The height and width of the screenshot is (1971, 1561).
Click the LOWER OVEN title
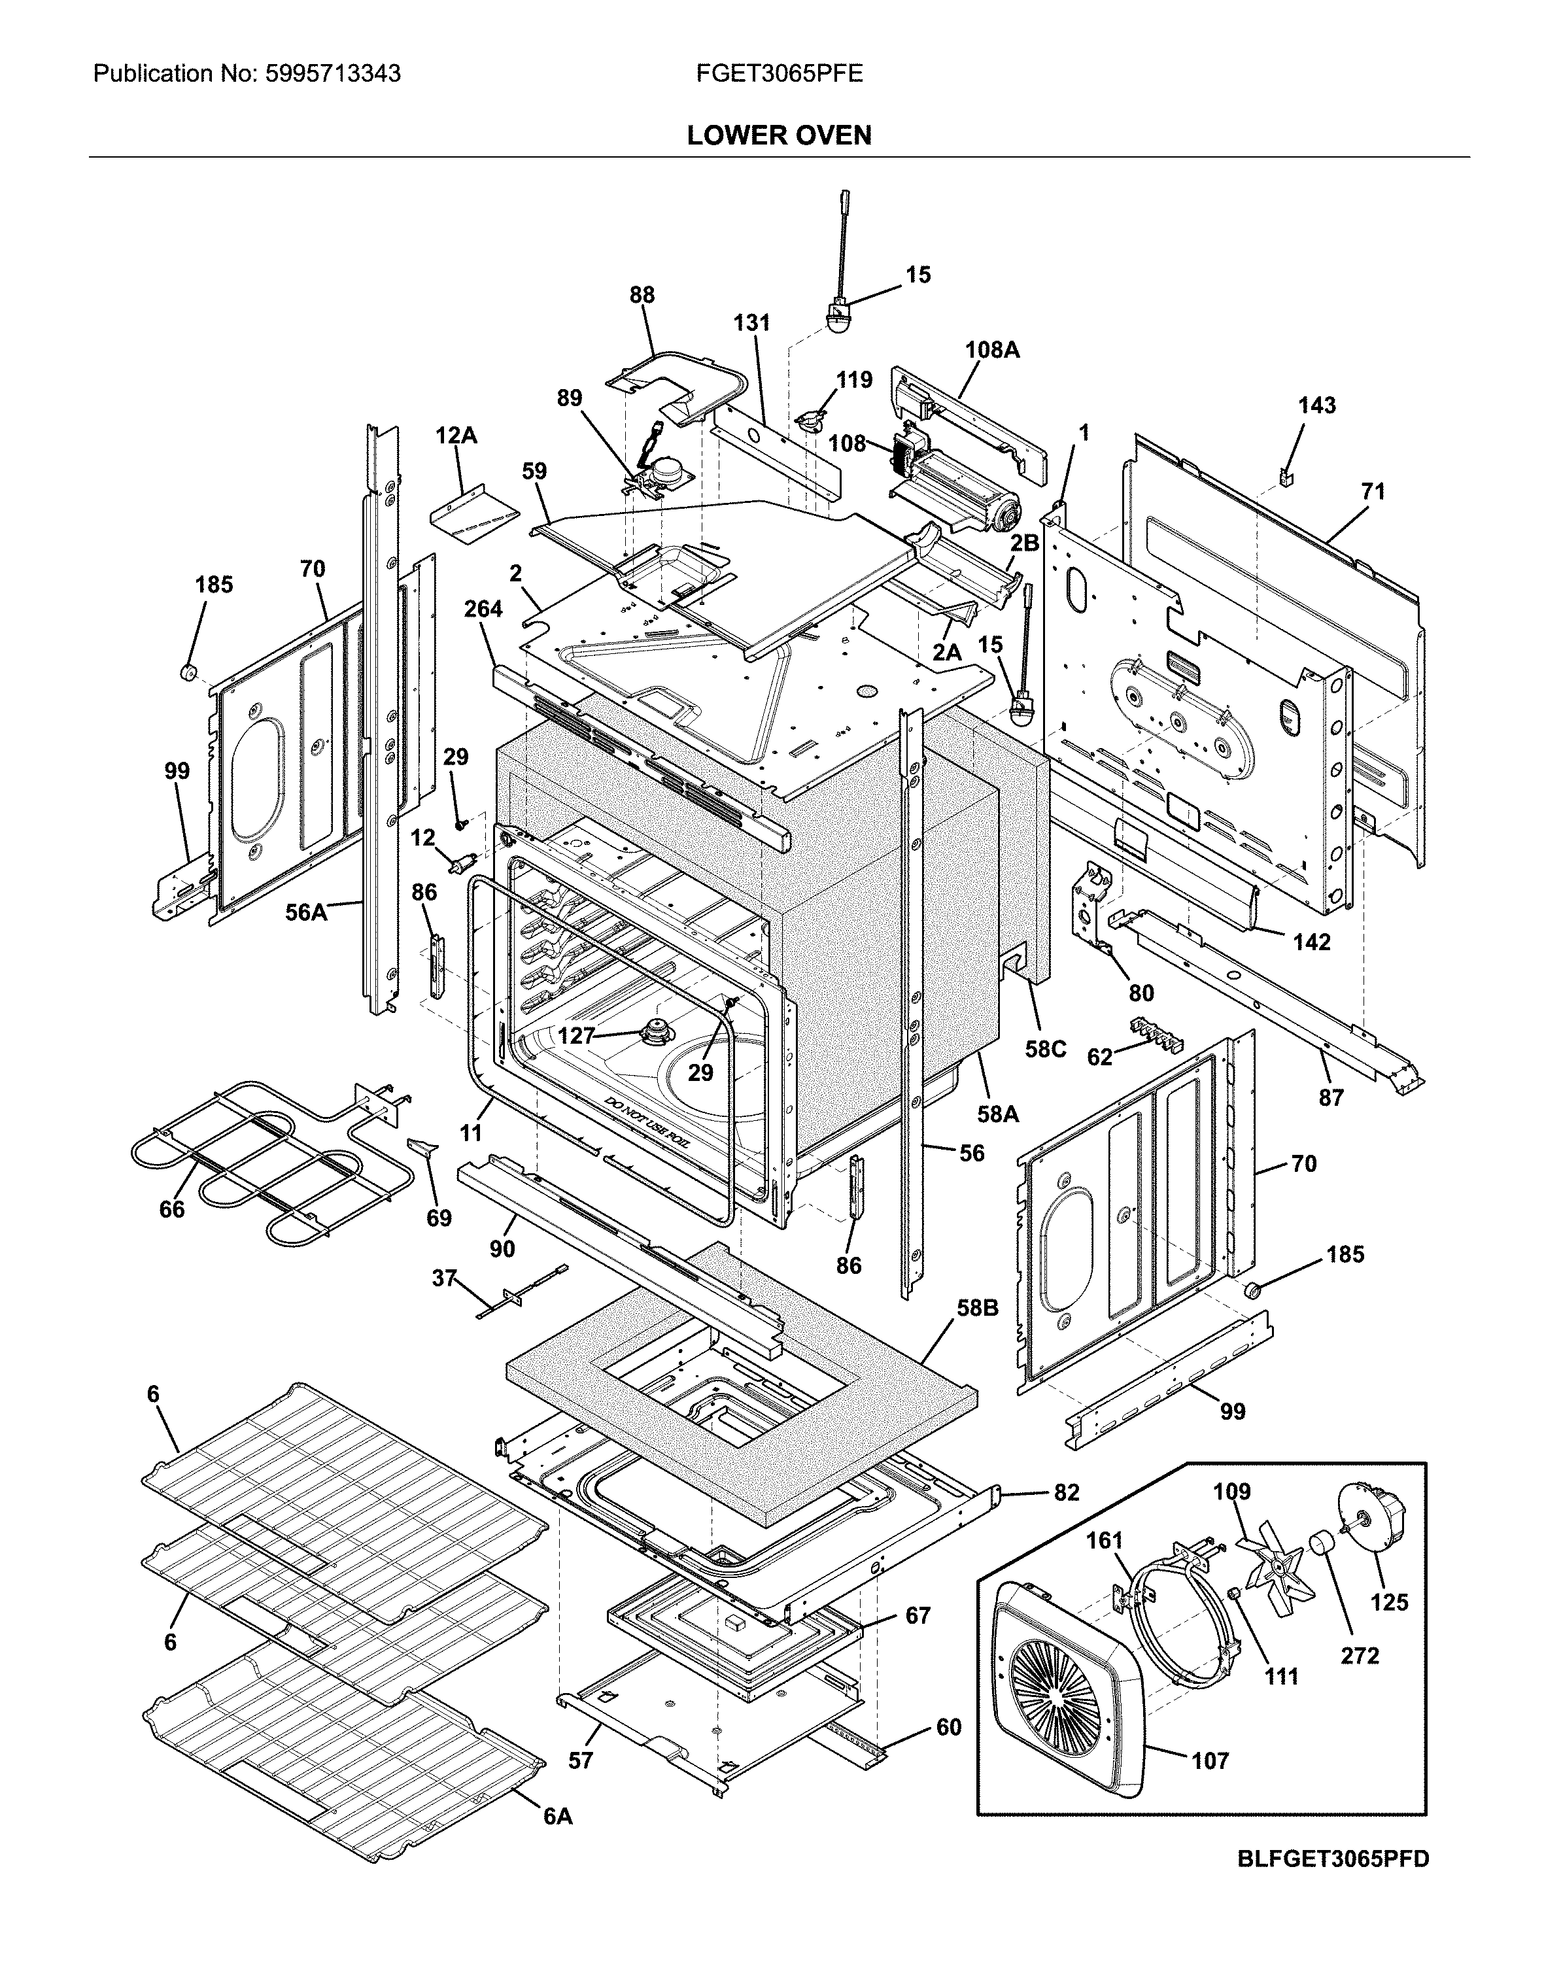779,136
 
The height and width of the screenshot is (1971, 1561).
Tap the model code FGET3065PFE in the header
779,74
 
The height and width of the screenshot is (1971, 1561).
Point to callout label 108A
991,349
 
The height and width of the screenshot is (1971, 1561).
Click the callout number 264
483,609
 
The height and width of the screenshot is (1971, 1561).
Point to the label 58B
977,1308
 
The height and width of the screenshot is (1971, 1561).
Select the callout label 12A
455,436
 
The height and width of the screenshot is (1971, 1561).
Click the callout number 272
1359,1655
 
